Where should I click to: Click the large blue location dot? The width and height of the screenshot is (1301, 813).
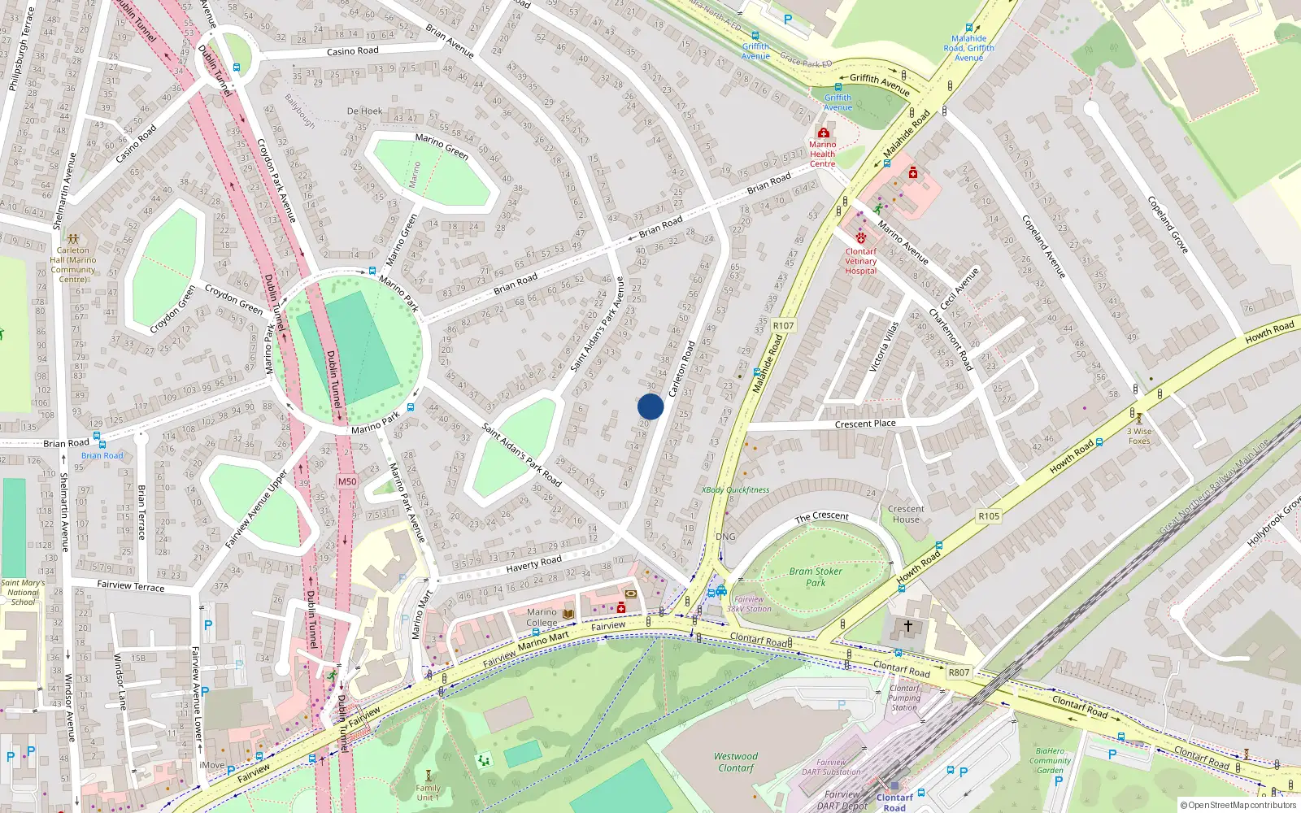click(650, 406)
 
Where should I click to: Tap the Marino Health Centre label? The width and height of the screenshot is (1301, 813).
click(822, 154)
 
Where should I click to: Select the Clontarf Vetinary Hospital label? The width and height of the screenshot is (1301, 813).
click(860, 261)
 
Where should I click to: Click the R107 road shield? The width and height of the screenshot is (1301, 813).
click(783, 325)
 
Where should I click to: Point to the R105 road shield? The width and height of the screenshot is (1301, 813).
click(989, 516)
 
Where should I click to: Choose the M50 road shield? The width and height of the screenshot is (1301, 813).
click(347, 481)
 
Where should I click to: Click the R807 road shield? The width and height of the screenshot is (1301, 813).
click(959, 672)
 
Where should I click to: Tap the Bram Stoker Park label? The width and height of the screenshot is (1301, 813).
click(816, 576)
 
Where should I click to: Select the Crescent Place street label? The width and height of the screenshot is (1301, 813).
click(865, 424)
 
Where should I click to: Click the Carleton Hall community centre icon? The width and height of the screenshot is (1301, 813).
click(73, 240)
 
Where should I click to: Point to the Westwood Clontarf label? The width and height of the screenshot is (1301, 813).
click(736, 762)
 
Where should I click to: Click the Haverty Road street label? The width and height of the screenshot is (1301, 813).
click(533, 563)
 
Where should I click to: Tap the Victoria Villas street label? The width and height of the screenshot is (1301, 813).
click(884, 346)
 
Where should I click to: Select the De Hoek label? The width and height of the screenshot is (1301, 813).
click(364, 111)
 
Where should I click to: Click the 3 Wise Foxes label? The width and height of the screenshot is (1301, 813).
click(1139, 436)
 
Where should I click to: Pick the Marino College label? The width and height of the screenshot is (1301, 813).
click(542, 617)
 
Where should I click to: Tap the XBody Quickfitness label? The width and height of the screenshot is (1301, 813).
click(735, 490)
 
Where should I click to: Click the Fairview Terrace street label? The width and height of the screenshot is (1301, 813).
click(130, 585)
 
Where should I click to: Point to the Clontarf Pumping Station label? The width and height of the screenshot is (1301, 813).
click(904, 698)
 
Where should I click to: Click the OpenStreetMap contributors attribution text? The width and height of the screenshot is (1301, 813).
click(1238, 805)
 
